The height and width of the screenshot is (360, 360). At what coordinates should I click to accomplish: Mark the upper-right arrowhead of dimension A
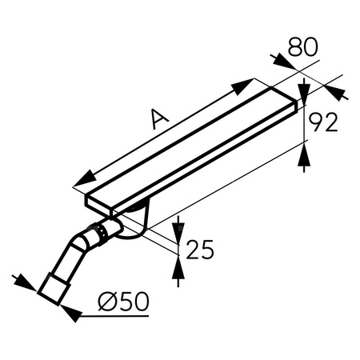tap(247, 84)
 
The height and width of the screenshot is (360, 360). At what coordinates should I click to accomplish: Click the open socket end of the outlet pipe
tap(54, 289)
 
